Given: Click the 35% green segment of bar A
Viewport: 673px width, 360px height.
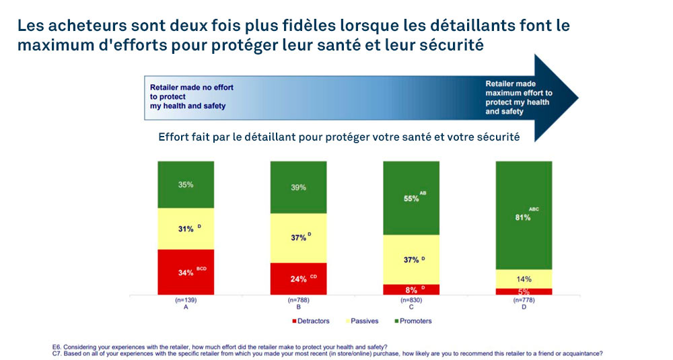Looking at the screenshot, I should (186, 185).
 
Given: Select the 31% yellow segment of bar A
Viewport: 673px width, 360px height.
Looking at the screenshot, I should (186, 229).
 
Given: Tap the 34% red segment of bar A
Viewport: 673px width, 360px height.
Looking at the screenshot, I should (186, 272).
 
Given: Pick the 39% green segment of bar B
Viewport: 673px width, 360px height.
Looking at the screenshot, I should (298, 187).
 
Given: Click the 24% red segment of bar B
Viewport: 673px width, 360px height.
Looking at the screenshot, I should (298, 278).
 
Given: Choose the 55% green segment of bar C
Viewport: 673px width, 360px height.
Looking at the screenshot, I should (411, 198).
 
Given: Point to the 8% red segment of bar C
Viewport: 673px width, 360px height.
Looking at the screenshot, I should (411, 289).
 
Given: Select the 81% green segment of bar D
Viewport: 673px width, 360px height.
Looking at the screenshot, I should (523, 215).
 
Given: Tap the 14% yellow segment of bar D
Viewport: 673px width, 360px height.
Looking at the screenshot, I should (523, 279).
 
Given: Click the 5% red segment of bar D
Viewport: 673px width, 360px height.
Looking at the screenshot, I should (523, 291).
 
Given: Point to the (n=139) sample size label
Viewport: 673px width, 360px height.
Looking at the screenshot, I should (186, 299).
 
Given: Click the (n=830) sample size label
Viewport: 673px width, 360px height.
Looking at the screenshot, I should (411, 299).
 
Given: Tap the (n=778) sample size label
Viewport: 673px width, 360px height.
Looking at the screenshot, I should (523, 299).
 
